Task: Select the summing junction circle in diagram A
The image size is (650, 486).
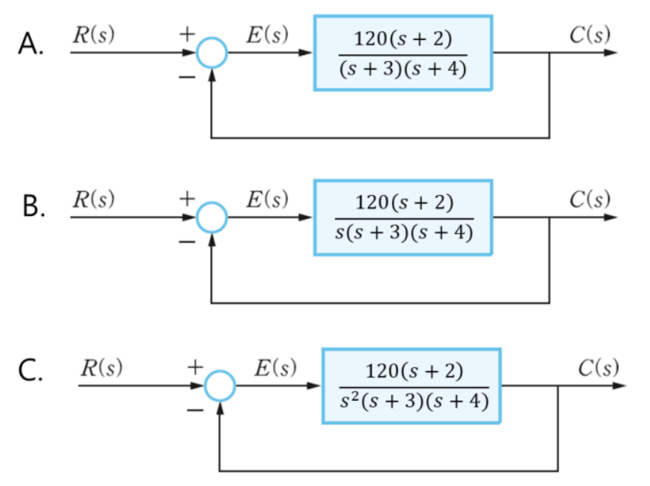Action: pos(212,54)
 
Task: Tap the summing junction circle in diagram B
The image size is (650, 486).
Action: pos(212,218)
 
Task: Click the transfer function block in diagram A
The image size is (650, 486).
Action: pos(403,53)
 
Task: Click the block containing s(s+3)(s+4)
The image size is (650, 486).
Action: pos(403,217)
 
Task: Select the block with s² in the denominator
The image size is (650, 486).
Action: pos(412,386)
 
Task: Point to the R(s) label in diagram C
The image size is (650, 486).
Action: pos(103,368)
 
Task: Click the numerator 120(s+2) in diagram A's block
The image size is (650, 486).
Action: pos(403,38)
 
